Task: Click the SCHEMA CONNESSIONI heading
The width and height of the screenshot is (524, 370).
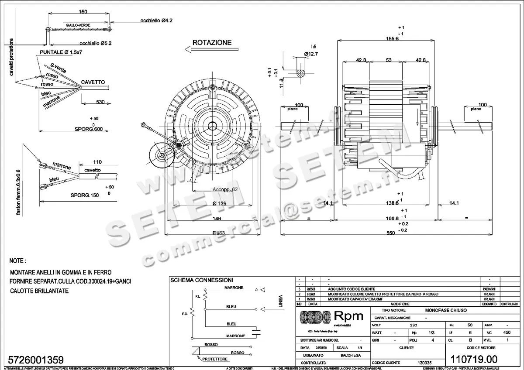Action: [201, 280]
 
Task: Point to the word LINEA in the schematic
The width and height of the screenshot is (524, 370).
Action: [280, 301]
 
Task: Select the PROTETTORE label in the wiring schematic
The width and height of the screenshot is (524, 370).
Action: [214, 359]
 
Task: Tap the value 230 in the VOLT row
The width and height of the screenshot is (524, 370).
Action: [413, 325]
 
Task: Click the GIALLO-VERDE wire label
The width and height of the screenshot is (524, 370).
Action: [78, 25]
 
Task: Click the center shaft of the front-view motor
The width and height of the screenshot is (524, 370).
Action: [213, 126]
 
